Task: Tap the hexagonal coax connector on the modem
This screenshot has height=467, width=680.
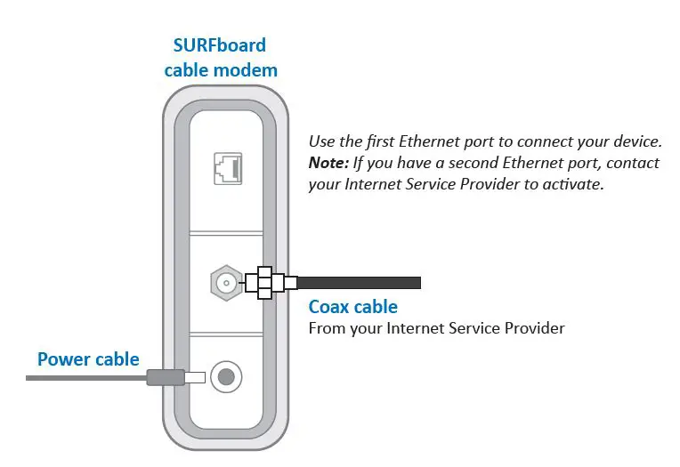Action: point(225,284)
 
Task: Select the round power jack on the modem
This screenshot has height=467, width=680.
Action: point(226,377)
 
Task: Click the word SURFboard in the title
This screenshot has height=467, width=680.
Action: point(220,45)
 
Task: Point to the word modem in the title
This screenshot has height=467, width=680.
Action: point(251,69)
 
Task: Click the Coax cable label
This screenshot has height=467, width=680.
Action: point(352,307)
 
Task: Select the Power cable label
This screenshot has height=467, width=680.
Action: point(88,359)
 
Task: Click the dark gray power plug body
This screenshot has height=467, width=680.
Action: point(165,377)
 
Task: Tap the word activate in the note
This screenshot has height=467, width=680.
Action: point(573,185)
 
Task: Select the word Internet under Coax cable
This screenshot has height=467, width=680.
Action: point(417,328)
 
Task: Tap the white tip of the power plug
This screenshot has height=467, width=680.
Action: point(194,377)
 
